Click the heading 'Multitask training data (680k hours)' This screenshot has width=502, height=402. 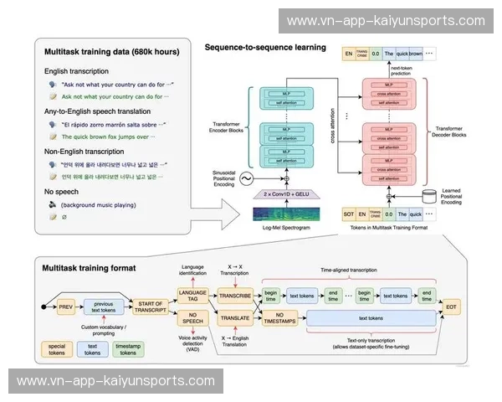click(x=111, y=52)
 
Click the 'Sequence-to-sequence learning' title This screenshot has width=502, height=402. click(x=265, y=47)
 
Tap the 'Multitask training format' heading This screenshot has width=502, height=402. click(x=90, y=268)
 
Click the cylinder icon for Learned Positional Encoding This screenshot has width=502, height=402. click(x=429, y=196)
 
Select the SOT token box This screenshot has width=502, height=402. click(x=351, y=214)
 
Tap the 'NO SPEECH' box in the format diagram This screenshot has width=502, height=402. click(x=192, y=319)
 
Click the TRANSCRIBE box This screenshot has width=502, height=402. click(x=235, y=296)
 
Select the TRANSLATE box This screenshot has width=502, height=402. click(x=235, y=319)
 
